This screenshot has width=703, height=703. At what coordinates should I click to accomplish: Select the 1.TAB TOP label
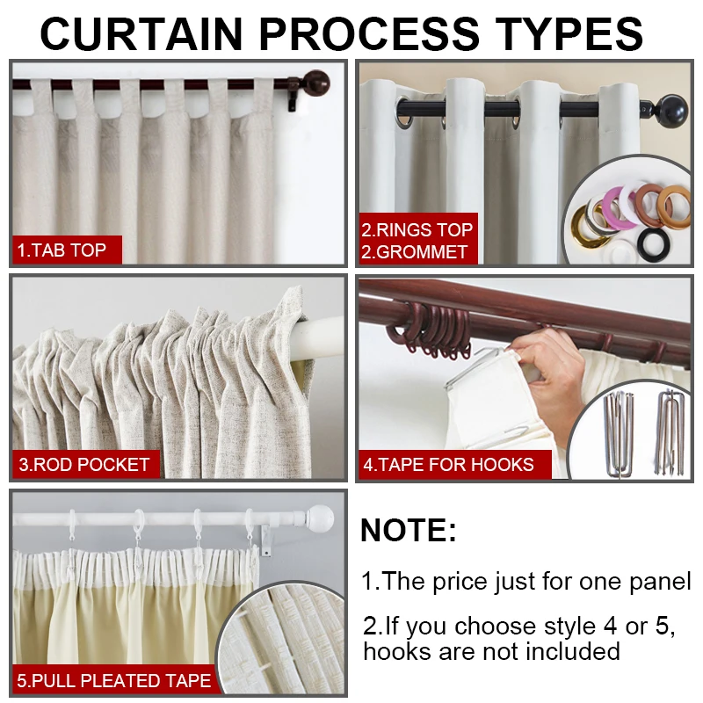click(x=62, y=250)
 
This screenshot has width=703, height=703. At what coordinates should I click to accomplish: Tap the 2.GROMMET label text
click(x=417, y=252)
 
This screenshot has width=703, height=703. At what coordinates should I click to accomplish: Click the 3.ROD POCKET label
click(x=84, y=464)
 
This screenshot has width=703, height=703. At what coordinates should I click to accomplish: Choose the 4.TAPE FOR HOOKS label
click(x=449, y=464)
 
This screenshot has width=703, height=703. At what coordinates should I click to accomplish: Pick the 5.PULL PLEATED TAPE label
click(x=114, y=680)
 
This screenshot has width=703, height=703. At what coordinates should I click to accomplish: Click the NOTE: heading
click(x=409, y=531)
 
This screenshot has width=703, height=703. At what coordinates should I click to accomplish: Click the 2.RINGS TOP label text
click(x=417, y=230)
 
